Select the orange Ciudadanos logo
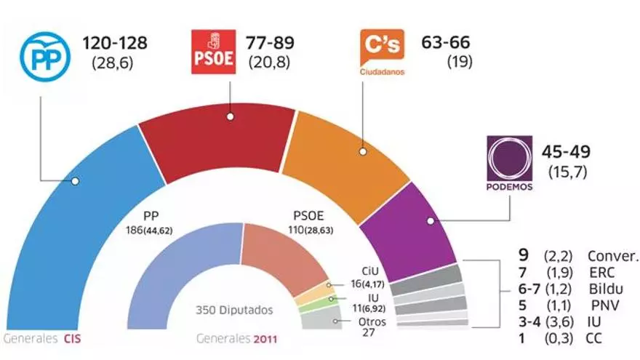coord(382,52)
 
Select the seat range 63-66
coord(446,43)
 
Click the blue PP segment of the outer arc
coord(73,218)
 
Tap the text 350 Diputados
coord(234,310)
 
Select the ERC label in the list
coord(603,272)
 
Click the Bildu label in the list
coord(607,289)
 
